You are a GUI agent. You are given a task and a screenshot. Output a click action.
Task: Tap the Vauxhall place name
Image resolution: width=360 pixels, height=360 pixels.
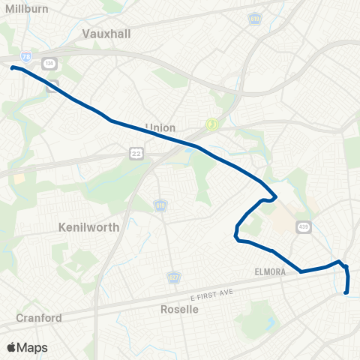point(105,33)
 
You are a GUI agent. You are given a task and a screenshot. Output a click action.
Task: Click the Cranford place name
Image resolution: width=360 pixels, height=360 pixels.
point(39,317)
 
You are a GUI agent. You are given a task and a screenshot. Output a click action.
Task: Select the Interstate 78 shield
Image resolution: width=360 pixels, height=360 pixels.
point(26,56)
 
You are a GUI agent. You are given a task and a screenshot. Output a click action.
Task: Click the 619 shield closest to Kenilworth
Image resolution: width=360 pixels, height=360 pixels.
point(160,204)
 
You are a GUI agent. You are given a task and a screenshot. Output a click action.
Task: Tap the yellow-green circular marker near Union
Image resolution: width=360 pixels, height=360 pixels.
point(212,124)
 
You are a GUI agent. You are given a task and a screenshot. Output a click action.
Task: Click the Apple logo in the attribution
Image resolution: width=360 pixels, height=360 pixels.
point(11,347)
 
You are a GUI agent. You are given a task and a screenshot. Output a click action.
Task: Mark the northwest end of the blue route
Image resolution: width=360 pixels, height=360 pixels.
point(13,67)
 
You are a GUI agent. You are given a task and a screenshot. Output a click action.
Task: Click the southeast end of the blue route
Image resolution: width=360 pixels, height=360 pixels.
point(346,293)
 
